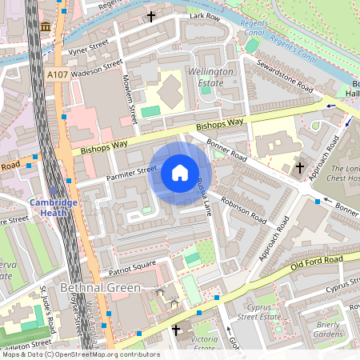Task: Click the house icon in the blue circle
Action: click(x=180, y=172)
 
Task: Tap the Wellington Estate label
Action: click(x=210, y=77)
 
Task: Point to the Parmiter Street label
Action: click(x=130, y=170)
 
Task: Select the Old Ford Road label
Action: click(x=317, y=261)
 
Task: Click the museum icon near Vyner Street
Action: click(x=45, y=27)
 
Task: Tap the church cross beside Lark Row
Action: click(x=151, y=16)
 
